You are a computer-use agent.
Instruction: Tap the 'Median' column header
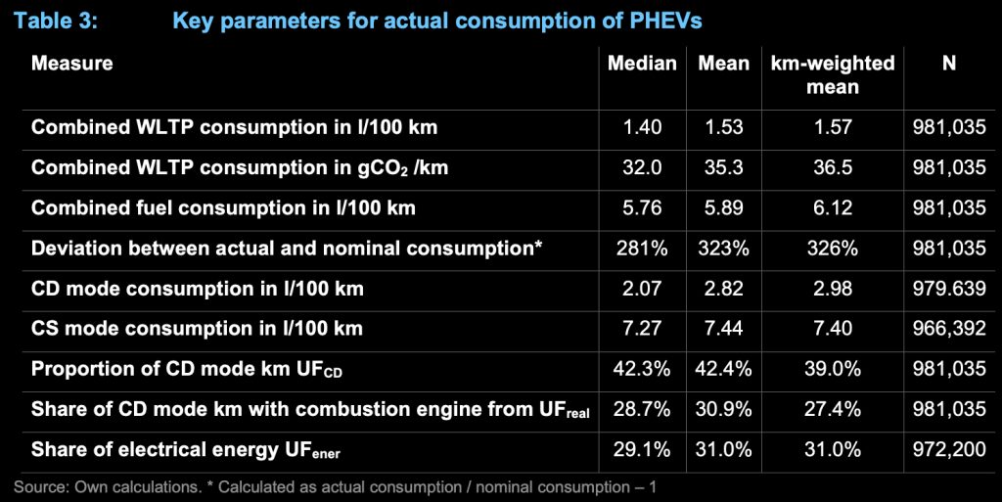point(642,64)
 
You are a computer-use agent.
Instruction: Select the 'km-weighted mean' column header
point(833,75)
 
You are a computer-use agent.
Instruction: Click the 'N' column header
point(949,64)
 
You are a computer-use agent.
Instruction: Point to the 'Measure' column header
point(72,64)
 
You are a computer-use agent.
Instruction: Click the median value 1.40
point(642,127)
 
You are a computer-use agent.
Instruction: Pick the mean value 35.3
point(723,167)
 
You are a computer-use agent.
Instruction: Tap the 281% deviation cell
point(642,248)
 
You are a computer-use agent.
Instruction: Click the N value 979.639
point(949,288)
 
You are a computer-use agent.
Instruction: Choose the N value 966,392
point(949,329)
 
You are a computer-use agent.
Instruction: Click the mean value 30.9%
point(723,409)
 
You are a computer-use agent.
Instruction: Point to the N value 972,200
point(949,449)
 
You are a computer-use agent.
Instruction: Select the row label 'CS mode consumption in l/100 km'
point(197,329)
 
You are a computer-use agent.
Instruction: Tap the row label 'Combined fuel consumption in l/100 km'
point(223,207)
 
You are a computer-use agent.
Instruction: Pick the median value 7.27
point(642,329)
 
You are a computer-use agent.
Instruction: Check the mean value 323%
point(723,248)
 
